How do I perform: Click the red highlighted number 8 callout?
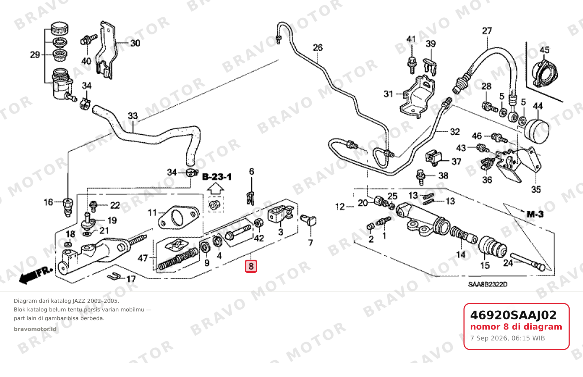pos(251,266)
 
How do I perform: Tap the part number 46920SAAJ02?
pos(513,315)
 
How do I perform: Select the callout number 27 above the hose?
pos(487,31)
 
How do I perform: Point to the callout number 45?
pos(544,50)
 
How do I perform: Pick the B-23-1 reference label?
pos(217,177)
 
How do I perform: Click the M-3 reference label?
pos(535,214)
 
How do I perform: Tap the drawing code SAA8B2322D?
pos(488,285)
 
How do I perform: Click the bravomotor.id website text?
pos(35,329)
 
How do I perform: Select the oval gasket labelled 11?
pos(179,217)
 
